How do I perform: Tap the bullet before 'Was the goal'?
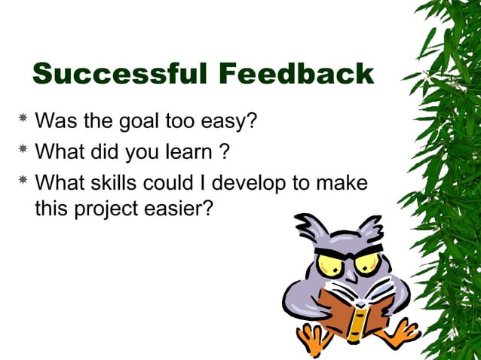[x=23, y=118]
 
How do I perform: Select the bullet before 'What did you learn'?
[x=23, y=151]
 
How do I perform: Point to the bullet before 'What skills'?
[x=23, y=182]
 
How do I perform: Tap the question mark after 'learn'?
[x=224, y=151]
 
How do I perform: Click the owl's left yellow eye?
[x=329, y=264]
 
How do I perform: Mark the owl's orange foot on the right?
[x=399, y=332]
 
